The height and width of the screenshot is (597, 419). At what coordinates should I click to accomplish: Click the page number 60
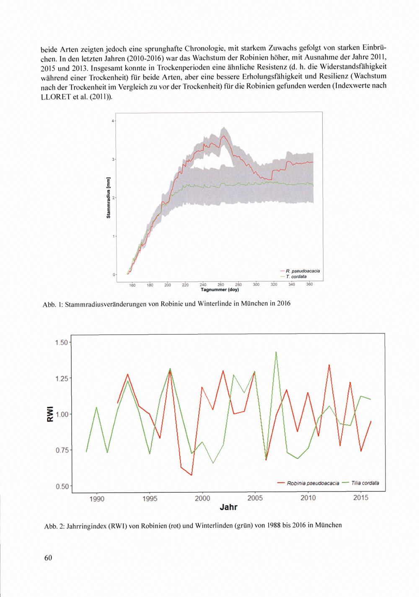pos(47,558)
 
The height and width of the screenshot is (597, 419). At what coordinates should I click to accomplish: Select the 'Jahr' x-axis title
pos(229,508)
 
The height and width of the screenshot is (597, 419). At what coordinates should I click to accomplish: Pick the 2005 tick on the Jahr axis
pos(255,498)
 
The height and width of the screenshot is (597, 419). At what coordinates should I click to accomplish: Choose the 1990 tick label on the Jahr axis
pos(97,498)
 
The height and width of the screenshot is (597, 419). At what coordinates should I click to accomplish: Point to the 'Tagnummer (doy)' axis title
pos(220,289)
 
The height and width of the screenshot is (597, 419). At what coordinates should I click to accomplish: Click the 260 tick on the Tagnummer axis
pos(221,285)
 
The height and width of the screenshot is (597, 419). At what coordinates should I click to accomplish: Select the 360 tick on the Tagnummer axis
pos(310,284)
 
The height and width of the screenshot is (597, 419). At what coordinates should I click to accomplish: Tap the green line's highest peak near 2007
pos(276,352)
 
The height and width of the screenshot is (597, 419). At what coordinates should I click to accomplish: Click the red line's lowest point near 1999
pos(191,475)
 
